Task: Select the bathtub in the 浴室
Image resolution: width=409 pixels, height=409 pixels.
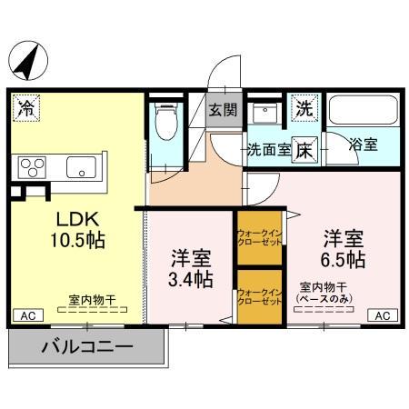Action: click(362, 110)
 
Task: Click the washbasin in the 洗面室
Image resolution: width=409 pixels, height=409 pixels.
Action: click(265, 113)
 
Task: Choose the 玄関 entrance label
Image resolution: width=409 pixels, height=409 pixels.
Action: click(224, 111)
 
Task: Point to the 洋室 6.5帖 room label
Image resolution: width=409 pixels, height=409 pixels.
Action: click(344, 248)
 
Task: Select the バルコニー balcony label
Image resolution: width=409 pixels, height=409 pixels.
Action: click(87, 346)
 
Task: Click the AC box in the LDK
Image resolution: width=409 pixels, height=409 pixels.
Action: click(26, 315)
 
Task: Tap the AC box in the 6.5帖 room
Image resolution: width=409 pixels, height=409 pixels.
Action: click(382, 315)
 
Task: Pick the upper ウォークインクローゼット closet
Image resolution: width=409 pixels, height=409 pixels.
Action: click(257, 239)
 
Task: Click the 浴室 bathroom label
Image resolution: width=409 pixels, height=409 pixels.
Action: click(365, 144)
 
